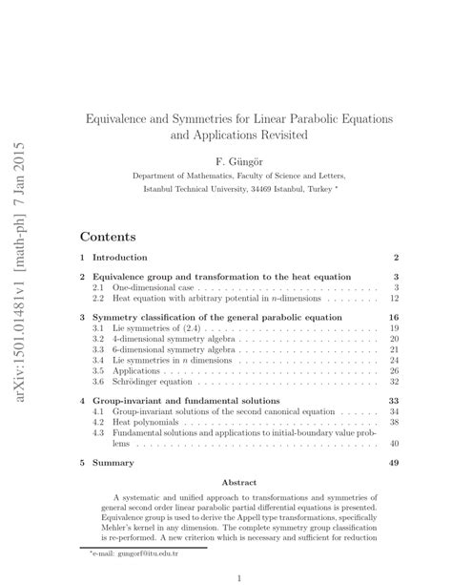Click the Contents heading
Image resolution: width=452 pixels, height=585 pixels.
[107, 236]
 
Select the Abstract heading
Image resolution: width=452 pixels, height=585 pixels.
[238, 483]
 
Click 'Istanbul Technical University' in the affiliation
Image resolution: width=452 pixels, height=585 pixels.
[199, 189]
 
